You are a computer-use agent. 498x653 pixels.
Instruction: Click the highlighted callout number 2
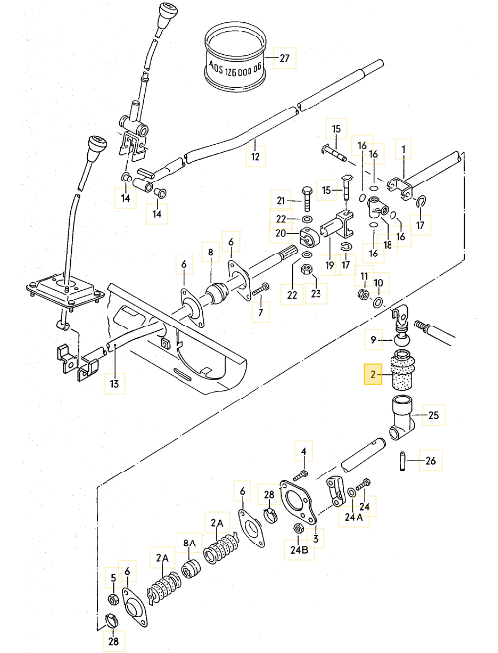373,375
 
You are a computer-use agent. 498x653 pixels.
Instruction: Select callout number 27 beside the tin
284,58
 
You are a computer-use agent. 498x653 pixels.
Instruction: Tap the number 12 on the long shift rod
255,156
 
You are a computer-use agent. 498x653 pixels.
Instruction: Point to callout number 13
114,383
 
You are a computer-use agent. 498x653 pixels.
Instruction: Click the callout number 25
434,415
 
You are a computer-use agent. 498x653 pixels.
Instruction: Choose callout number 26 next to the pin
431,461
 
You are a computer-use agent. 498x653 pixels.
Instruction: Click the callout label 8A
189,544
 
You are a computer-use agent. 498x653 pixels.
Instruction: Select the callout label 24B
299,549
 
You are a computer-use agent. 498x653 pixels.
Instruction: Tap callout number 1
403,149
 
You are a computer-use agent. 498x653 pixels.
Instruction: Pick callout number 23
316,294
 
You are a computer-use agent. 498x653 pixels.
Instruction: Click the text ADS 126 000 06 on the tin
236,68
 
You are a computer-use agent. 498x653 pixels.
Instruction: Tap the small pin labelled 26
402,461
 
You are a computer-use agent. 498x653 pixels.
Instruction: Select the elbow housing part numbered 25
402,419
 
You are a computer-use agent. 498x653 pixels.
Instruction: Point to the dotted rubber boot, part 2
402,372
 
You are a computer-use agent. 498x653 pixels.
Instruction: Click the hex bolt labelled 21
306,199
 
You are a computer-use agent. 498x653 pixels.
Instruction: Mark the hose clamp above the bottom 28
111,620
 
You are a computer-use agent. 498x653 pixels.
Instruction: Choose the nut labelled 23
305,269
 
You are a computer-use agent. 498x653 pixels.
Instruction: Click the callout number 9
373,340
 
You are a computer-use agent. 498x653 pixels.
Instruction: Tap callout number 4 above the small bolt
304,451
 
